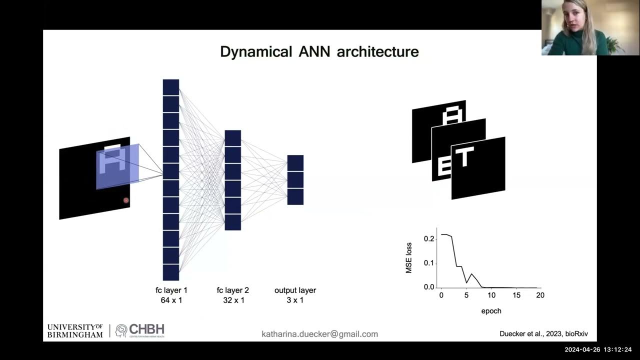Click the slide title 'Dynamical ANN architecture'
point(319,51)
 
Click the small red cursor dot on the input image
point(126,200)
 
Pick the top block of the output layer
point(295,163)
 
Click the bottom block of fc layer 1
point(171,272)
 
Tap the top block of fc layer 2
point(232,138)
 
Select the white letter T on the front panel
point(464,157)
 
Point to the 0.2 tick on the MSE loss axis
point(429,239)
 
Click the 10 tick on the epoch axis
point(491,295)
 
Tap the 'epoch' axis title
point(491,311)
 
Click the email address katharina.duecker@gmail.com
point(319,334)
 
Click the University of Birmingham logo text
point(75,330)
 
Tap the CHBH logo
point(140,330)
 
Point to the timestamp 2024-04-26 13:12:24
point(598,349)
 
